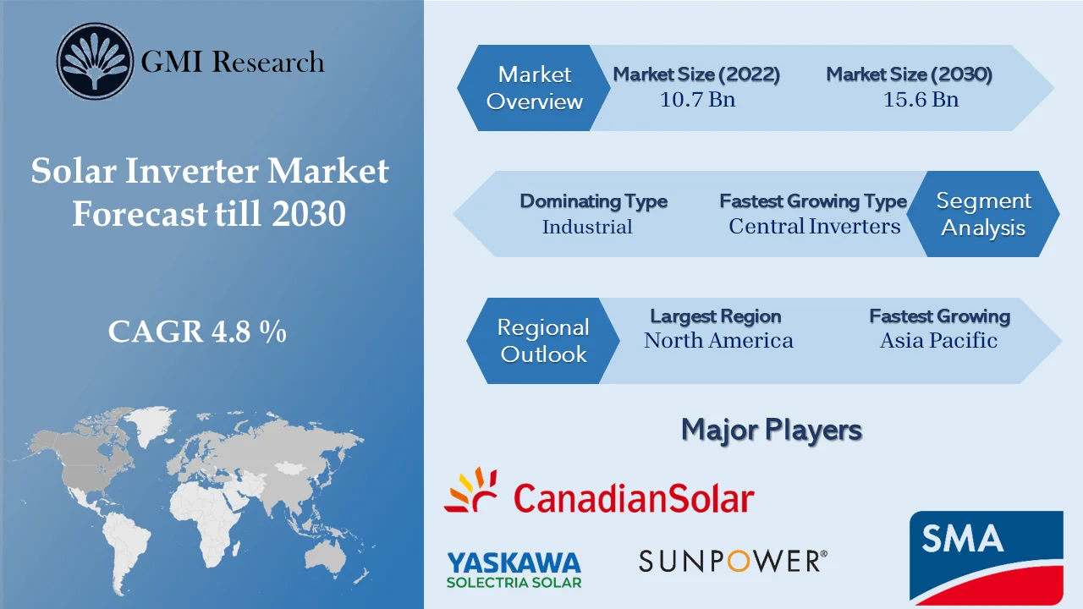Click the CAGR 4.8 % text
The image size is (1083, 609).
tap(197, 332)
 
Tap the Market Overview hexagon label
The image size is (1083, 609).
tap(535, 88)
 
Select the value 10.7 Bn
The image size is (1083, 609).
tap(697, 100)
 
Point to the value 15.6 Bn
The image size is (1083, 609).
tap(921, 100)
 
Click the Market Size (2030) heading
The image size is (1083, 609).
tap(909, 74)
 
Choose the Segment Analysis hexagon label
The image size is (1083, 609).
tap(983, 214)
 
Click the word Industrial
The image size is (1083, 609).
tap(587, 227)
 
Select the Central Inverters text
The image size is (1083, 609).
tap(814, 227)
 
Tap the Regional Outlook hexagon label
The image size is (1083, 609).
tap(542, 341)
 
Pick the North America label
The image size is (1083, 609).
tap(718, 341)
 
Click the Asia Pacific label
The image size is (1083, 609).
tap(938, 341)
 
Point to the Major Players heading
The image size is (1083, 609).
tap(771, 430)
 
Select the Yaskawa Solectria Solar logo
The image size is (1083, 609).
tap(514, 569)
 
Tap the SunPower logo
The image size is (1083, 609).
tap(733, 560)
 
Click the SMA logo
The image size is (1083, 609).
tap(987, 556)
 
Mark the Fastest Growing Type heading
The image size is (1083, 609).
tap(812, 201)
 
